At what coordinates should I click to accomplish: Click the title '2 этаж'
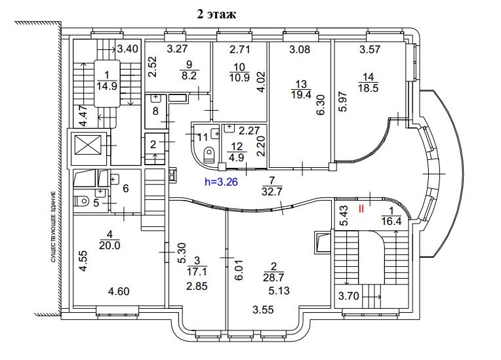click(x=216, y=14)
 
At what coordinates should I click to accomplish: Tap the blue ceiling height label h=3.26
click(x=221, y=182)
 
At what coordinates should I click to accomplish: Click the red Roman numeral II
click(x=361, y=209)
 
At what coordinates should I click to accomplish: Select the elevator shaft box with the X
click(x=88, y=146)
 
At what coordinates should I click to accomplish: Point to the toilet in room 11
click(x=209, y=154)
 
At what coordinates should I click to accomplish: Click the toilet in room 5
click(x=81, y=201)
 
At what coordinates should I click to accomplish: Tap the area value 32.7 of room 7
click(x=271, y=191)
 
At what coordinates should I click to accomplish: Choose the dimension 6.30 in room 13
click(x=321, y=104)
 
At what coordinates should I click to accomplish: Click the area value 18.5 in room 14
click(x=368, y=88)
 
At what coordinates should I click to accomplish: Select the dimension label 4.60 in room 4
click(x=119, y=291)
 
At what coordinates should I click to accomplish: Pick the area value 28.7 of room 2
click(x=273, y=277)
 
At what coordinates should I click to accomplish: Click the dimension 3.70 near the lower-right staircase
click(x=349, y=296)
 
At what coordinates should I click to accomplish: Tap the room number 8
click(x=155, y=111)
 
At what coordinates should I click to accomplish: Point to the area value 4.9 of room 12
click(x=237, y=157)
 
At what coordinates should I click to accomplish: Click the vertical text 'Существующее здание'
click(x=53, y=226)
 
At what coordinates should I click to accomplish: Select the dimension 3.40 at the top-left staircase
click(x=127, y=49)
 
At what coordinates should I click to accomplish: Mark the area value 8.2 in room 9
click(x=189, y=75)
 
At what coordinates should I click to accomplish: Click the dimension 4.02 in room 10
click(x=262, y=83)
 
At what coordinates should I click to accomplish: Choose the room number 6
click(x=125, y=188)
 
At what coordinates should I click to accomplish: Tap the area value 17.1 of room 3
click(x=197, y=272)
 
